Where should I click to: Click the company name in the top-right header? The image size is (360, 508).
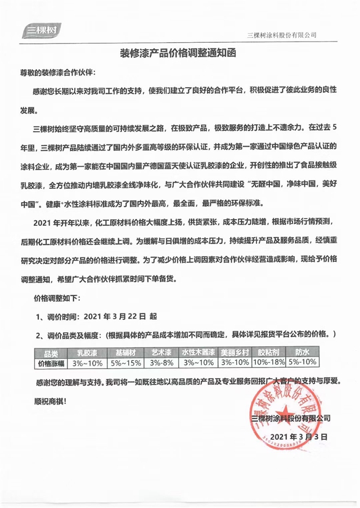click(x=282, y=35)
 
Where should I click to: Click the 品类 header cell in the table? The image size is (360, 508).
click(x=49, y=353)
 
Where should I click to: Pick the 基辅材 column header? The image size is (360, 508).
click(x=125, y=353)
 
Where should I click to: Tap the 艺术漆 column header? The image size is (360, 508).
click(x=161, y=353)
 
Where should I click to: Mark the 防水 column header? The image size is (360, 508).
click(x=303, y=353)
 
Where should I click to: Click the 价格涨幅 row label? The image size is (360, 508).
click(x=49, y=362)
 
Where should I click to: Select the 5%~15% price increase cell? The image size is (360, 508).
click(x=125, y=362)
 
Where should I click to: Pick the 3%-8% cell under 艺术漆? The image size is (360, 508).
click(x=161, y=362)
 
